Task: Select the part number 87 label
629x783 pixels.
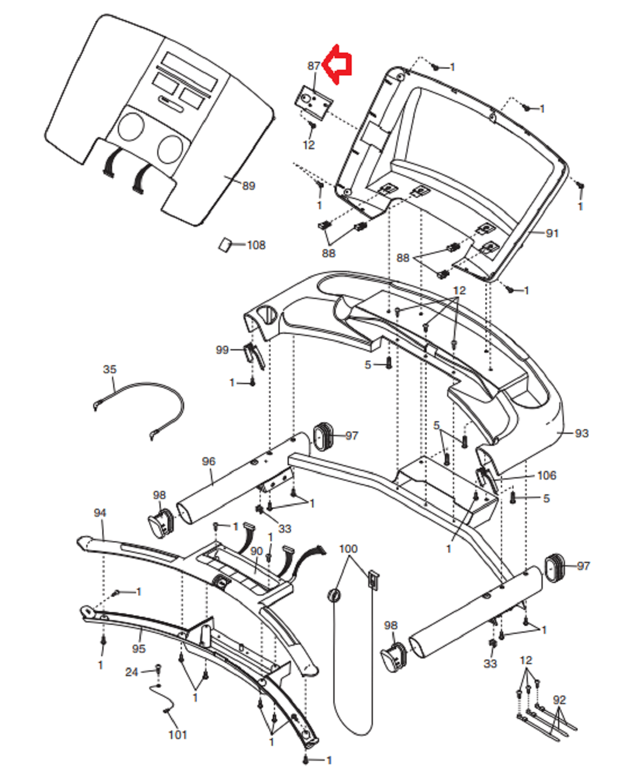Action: click(x=314, y=66)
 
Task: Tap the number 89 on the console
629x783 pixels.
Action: click(x=249, y=186)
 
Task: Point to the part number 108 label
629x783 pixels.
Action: click(x=256, y=245)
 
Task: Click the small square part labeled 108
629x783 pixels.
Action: click(x=225, y=245)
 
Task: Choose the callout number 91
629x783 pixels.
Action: click(x=552, y=233)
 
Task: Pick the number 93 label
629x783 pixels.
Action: click(x=582, y=433)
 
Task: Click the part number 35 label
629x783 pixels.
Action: click(x=110, y=369)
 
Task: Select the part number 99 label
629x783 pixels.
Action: click(x=222, y=350)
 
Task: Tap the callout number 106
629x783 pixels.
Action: click(x=547, y=476)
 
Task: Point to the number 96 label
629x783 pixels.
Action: click(x=209, y=461)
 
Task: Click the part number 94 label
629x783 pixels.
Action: click(x=99, y=513)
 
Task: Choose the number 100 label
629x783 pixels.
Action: click(x=348, y=549)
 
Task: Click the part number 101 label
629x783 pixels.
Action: click(x=178, y=735)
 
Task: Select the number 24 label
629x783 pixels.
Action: click(x=132, y=672)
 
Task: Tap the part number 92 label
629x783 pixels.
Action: click(x=559, y=700)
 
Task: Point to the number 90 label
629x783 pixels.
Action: click(x=256, y=551)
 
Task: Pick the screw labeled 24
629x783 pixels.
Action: click(x=158, y=670)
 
